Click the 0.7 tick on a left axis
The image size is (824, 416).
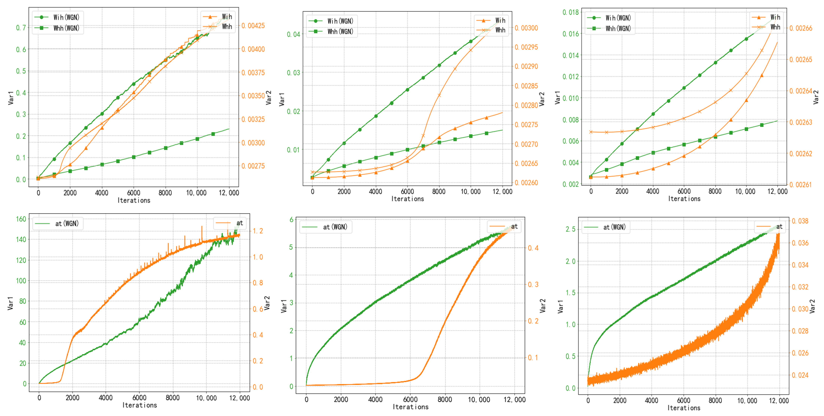click(x=21, y=28)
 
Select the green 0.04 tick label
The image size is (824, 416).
click(x=293, y=34)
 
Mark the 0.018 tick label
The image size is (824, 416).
click(x=571, y=13)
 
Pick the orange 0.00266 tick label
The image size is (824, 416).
click(x=801, y=28)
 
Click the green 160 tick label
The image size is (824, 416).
click(x=21, y=219)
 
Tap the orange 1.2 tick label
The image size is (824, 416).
click(x=258, y=231)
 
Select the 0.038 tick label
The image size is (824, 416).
click(x=800, y=221)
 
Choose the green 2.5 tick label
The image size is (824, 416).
click(x=571, y=229)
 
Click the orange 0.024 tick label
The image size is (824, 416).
click(x=800, y=375)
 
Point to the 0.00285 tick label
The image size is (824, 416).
click(x=526, y=86)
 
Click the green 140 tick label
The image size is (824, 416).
click(x=21, y=239)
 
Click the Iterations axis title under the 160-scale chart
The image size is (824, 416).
click(x=140, y=405)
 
